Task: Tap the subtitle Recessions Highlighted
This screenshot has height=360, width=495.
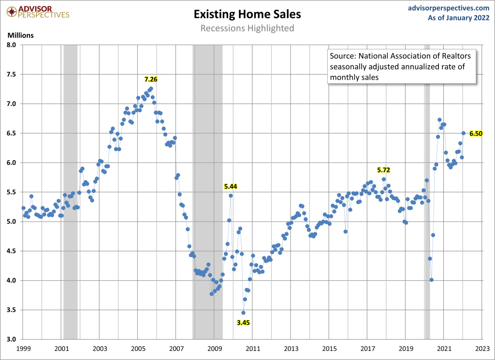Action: pos(247,28)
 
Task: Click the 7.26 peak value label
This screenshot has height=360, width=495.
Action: pos(151,79)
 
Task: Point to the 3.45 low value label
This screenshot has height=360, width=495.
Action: pos(244,322)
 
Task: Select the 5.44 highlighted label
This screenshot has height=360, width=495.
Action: pos(231,186)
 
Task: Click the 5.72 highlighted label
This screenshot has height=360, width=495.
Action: pos(383,170)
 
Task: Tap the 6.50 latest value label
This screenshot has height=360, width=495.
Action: pos(476,134)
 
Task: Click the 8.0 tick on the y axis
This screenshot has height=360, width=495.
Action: pos(12,45)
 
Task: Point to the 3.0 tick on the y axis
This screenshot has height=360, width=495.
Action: pos(12,339)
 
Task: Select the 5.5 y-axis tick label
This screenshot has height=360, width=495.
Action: pos(12,192)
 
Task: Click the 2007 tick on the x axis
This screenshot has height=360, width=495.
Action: pos(176,348)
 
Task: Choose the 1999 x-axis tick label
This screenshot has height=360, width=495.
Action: pos(23,348)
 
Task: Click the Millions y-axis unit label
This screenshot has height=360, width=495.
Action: pos(20,35)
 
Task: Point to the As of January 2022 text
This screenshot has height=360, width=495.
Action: pos(458,18)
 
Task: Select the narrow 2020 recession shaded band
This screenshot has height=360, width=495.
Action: pos(427,194)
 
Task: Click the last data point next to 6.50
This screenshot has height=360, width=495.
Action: pos(464,133)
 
